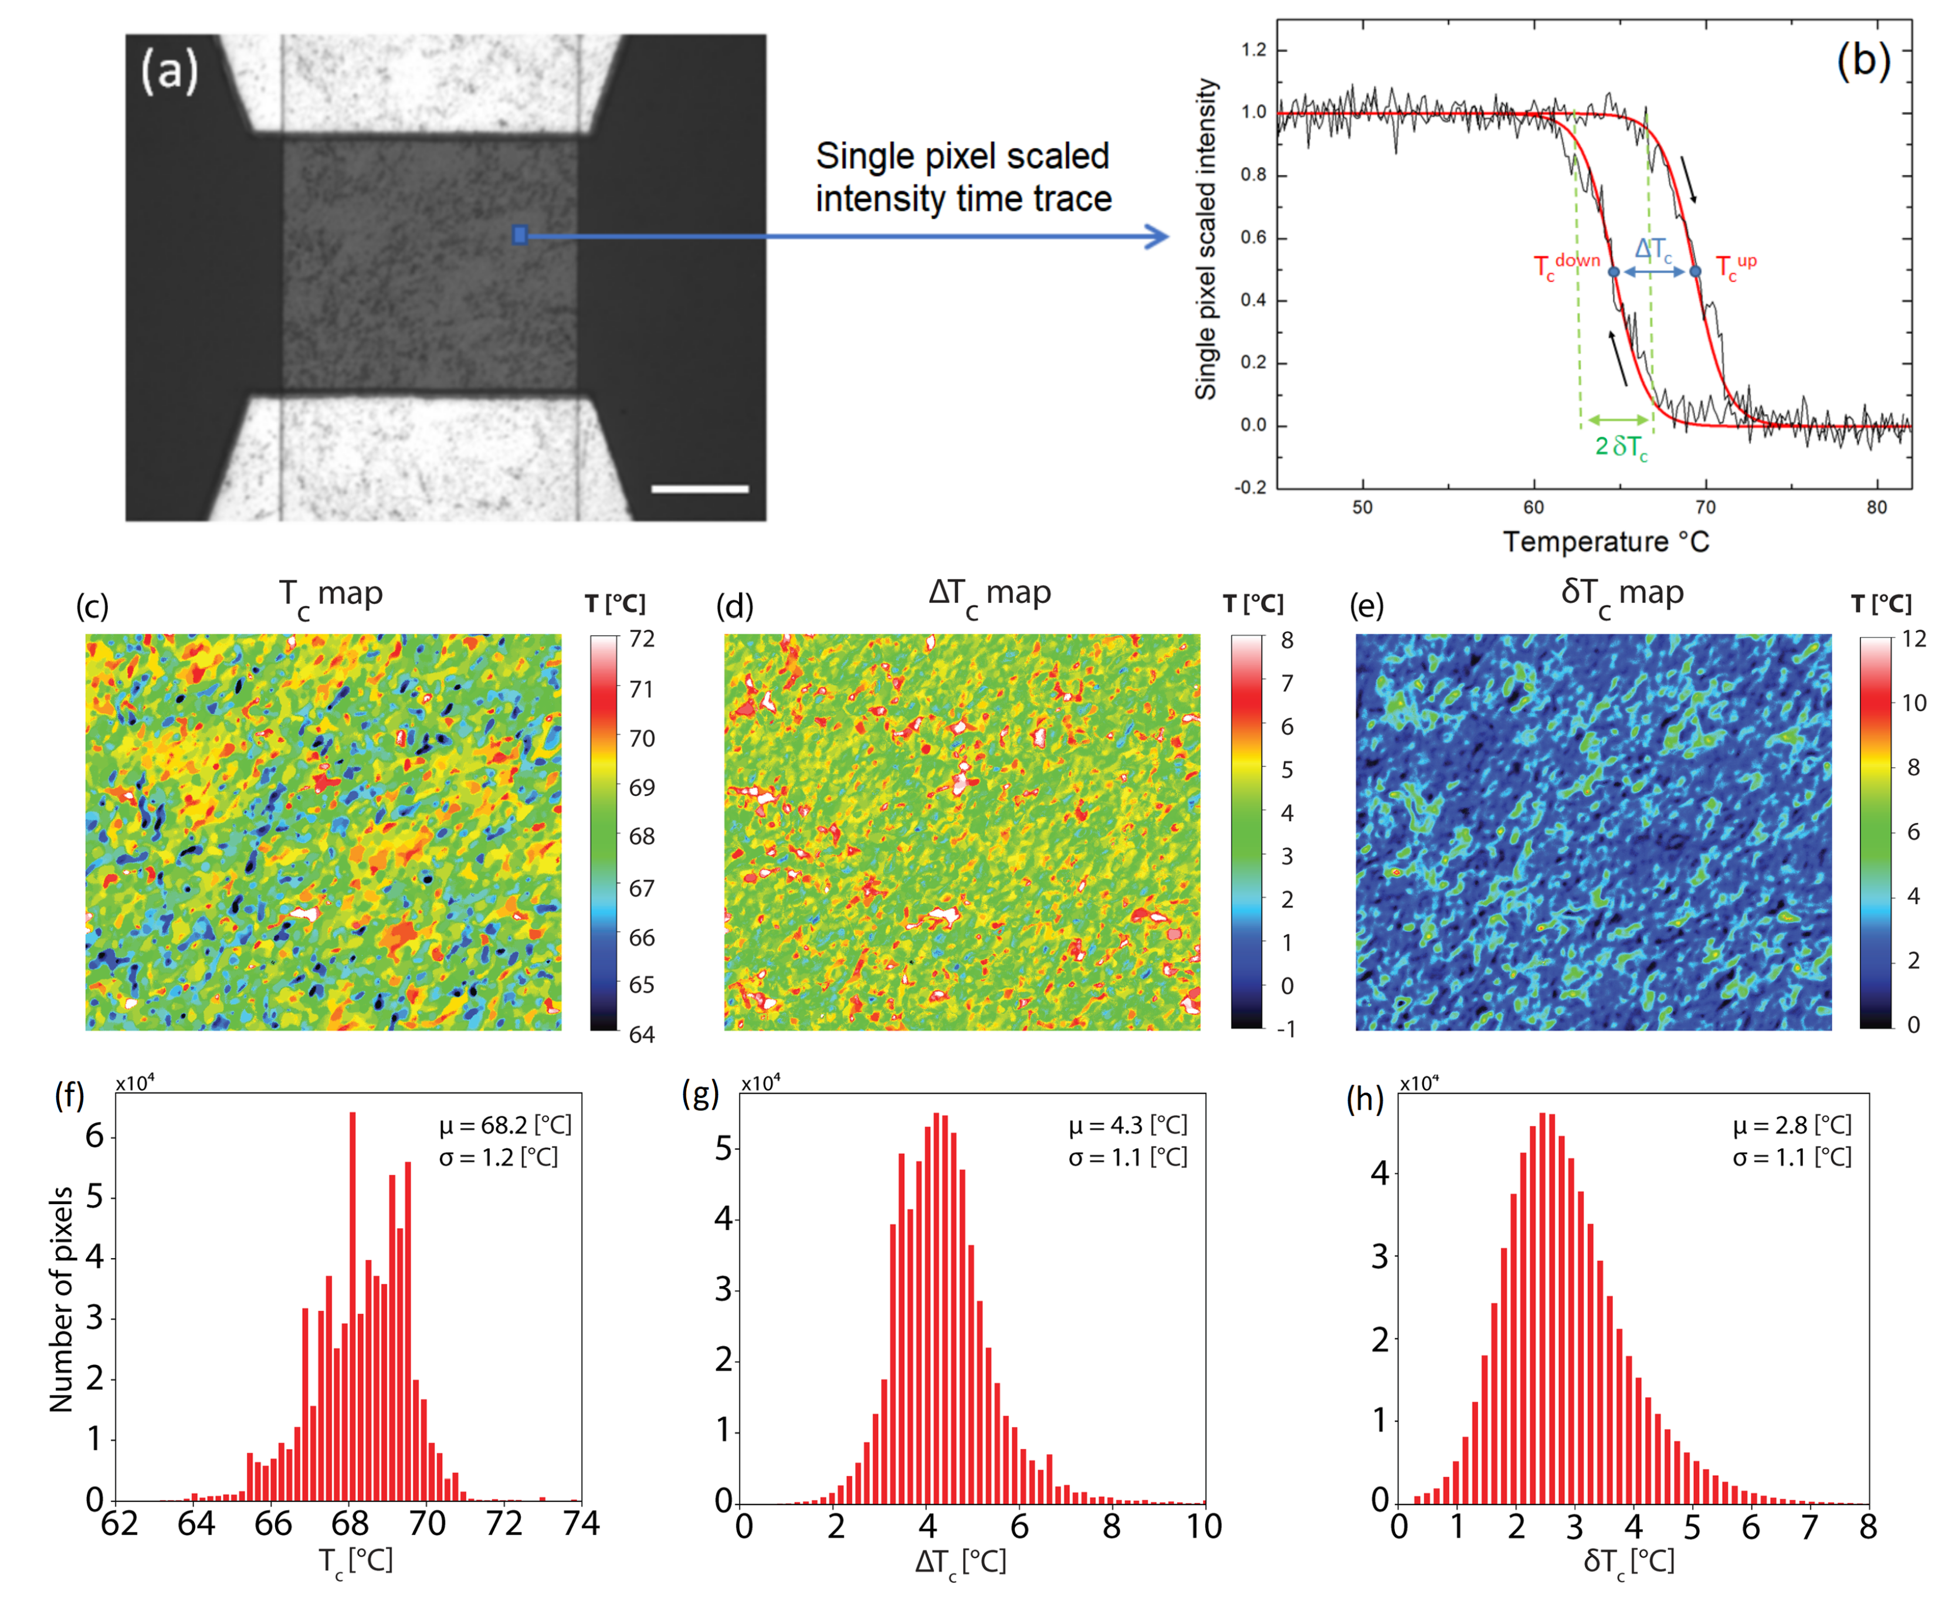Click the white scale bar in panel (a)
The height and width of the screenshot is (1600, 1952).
click(x=700, y=489)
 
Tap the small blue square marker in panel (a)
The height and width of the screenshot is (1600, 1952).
click(x=520, y=235)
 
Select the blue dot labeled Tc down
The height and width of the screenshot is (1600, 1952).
click(x=1614, y=272)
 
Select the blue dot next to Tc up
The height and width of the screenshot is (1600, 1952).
click(x=1695, y=272)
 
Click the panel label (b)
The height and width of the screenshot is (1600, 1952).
click(x=1863, y=62)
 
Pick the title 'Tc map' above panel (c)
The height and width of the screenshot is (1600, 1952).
click(x=331, y=595)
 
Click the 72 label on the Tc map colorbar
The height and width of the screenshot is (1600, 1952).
click(x=642, y=639)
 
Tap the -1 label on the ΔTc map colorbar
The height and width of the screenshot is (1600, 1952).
click(x=1286, y=1029)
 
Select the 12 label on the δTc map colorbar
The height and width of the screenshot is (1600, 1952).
click(x=1913, y=639)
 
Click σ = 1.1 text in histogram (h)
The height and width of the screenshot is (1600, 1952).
click(x=1792, y=1158)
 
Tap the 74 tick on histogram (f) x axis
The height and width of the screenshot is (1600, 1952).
click(x=581, y=1524)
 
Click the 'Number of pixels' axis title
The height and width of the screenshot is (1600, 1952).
click(x=61, y=1300)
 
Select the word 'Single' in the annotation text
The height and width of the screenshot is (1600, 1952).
click(x=860, y=157)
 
